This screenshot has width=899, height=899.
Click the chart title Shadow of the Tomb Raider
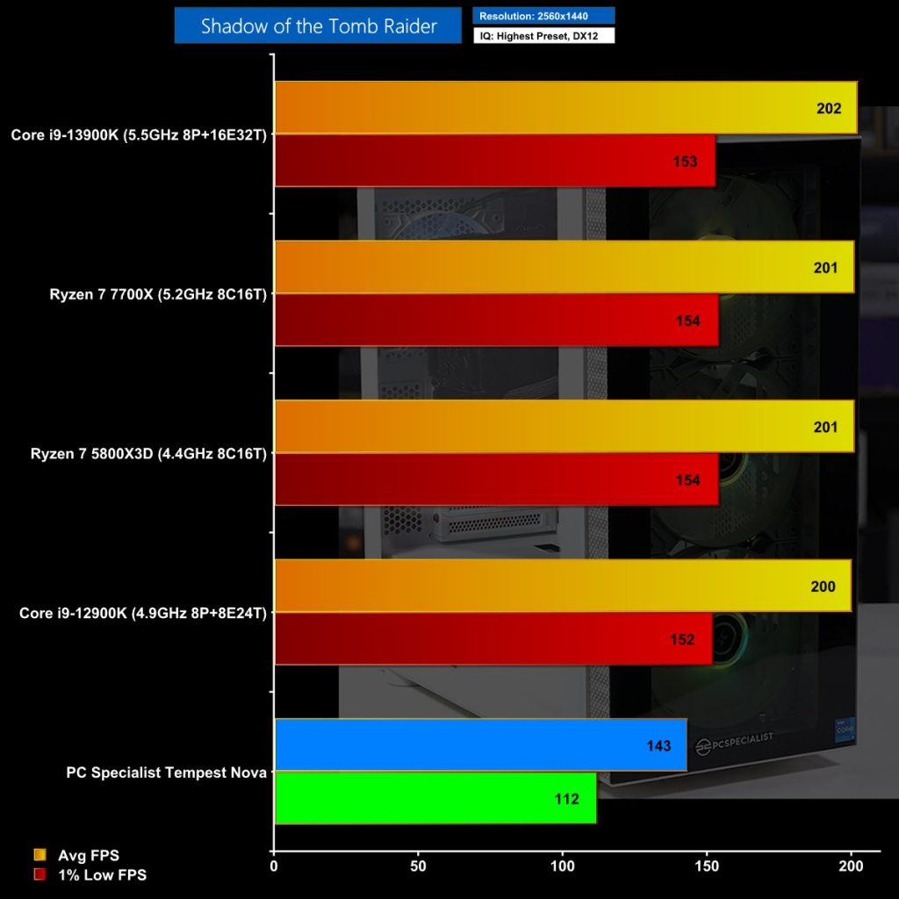coord(318,25)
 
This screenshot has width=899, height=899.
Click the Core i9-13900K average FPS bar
coord(527,108)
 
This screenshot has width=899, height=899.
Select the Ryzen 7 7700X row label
coord(158,295)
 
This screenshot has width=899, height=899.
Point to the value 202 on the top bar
coord(828,109)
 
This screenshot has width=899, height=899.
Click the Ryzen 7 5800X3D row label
coord(148,454)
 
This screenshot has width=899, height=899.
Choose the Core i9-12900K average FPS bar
coord(527,586)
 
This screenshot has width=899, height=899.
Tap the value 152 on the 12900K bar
coord(681,639)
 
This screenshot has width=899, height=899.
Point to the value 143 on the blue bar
coord(658,746)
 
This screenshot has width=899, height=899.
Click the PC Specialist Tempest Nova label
coord(166,773)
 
